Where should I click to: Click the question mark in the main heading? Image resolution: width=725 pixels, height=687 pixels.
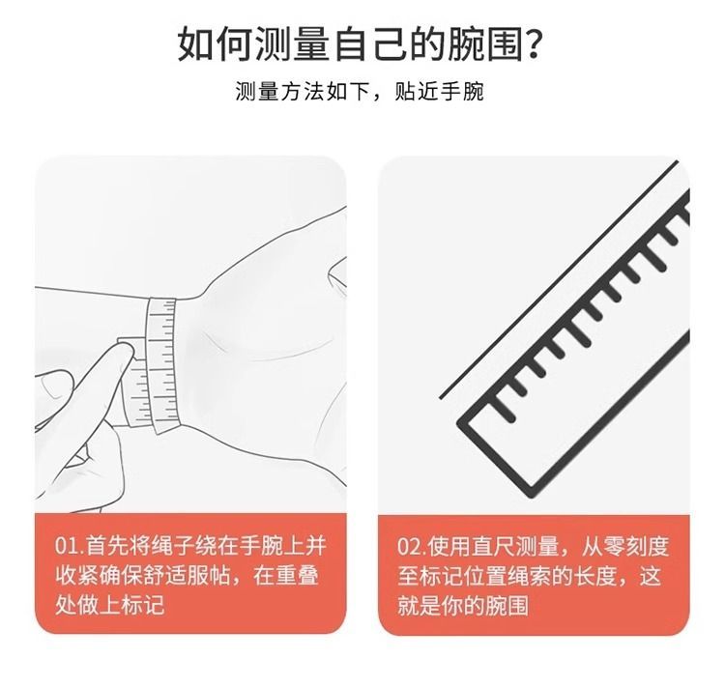[x=535, y=43]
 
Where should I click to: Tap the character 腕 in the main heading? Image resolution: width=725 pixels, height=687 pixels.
[x=467, y=43]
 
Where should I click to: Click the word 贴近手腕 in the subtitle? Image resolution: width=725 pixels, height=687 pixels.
[x=439, y=92]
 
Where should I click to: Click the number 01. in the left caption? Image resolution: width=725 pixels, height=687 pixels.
[x=70, y=547]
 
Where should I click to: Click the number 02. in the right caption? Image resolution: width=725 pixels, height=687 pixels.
[x=411, y=547]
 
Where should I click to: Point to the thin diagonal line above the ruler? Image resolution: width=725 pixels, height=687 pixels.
[x=559, y=279]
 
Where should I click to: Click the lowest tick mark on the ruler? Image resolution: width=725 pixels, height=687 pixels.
[x=503, y=408]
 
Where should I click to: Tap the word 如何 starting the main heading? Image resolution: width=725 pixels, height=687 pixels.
[x=216, y=43]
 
